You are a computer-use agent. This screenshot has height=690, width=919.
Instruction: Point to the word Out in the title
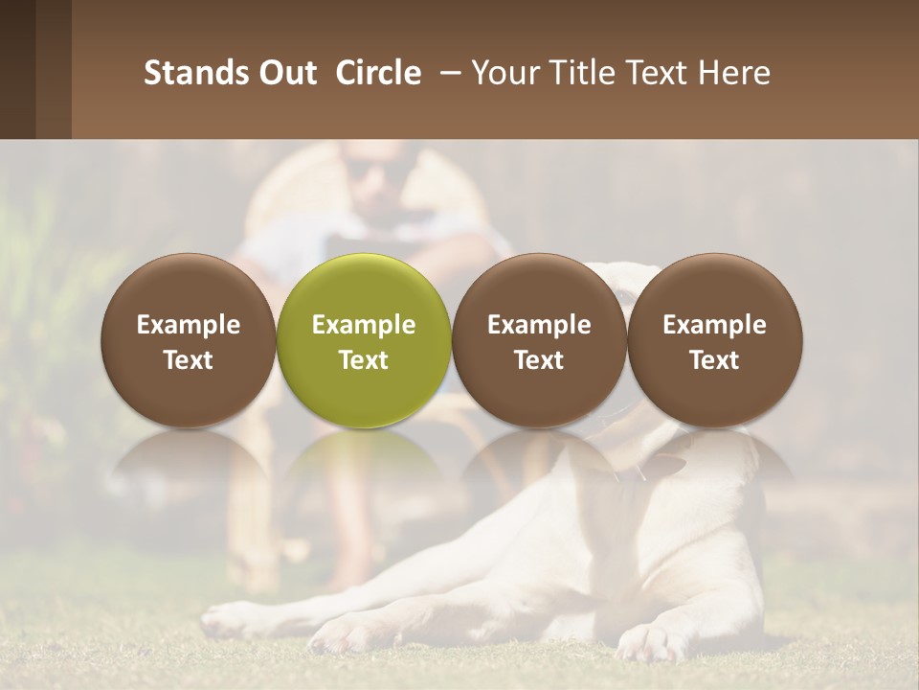click(286, 73)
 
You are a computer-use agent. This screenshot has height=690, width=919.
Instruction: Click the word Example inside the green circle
click(364, 325)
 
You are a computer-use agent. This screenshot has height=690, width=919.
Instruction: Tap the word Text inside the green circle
click(364, 360)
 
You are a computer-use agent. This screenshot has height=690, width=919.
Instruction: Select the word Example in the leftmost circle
click(189, 325)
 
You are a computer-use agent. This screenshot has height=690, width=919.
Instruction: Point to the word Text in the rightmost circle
click(714, 360)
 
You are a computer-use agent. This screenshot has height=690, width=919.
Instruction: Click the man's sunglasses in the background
click(369, 171)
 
